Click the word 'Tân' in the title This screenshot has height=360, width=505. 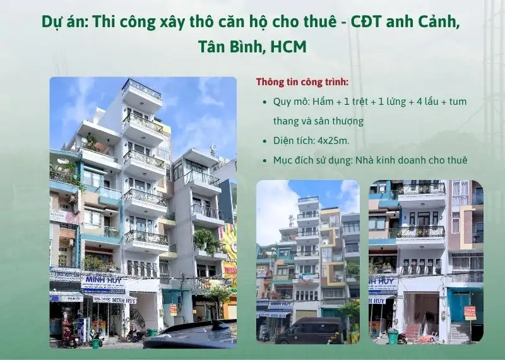[x=213, y=47]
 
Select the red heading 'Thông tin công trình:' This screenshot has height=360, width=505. [x=302, y=82]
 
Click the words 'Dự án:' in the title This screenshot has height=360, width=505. [x=64, y=21]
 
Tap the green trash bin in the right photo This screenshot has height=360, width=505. [x=392, y=337]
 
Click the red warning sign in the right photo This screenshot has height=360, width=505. [x=470, y=313]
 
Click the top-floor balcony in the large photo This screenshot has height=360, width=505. [x=141, y=89]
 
